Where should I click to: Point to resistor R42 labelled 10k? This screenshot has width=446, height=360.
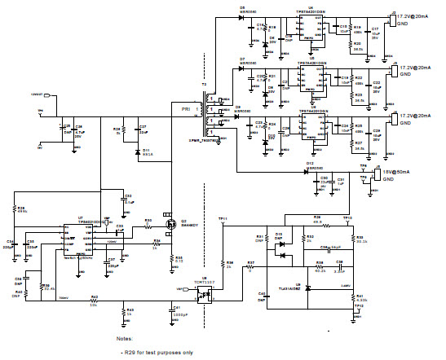pos(94,301)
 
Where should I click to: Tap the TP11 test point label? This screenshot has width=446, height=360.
pos(222,220)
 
